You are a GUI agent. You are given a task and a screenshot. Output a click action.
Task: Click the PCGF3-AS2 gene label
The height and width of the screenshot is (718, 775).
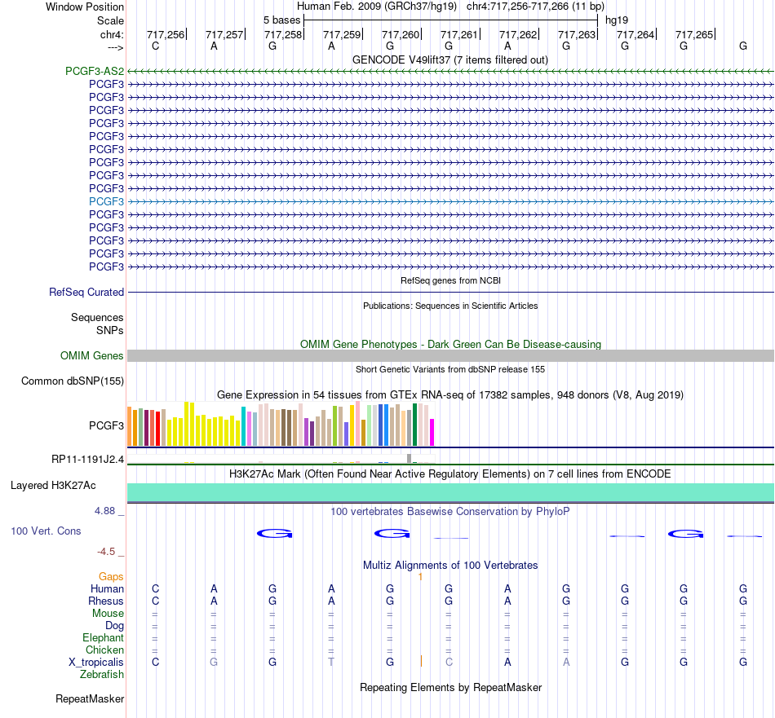(95, 72)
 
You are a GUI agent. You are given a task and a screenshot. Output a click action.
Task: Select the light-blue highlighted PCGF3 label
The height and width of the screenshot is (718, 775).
(106, 201)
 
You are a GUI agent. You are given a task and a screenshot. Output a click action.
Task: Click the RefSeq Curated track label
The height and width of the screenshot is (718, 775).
(86, 293)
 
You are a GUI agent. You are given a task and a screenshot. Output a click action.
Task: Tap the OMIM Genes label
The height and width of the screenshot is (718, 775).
(92, 355)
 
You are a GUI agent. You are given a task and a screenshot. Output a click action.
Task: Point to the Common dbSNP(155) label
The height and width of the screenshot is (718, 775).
(73, 381)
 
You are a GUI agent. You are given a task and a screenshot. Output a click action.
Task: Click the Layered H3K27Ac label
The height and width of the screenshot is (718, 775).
(53, 486)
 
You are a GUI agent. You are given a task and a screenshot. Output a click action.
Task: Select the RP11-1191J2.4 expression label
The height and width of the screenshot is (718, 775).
(87, 460)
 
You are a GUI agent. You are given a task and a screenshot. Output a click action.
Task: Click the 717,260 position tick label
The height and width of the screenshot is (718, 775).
(401, 34)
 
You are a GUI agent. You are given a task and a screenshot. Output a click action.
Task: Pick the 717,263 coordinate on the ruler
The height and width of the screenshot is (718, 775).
(577, 34)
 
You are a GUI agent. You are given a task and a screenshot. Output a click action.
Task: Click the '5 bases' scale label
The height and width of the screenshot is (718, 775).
(281, 20)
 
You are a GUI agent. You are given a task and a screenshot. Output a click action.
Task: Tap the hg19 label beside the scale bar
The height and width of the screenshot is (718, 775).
(617, 20)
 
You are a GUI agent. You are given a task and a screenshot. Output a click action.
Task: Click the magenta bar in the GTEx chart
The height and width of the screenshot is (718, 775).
(432, 433)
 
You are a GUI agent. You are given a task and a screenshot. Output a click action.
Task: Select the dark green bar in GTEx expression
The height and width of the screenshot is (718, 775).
(414, 425)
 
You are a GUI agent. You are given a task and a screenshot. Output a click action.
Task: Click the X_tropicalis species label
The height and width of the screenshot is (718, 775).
(96, 663)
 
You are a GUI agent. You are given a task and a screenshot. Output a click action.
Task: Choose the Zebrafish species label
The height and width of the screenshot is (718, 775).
(102, 675)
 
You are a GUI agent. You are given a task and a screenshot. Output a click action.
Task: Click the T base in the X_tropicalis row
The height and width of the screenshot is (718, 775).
(331, 663)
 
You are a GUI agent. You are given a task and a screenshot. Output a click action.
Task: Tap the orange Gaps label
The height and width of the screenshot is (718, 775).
(111, 577)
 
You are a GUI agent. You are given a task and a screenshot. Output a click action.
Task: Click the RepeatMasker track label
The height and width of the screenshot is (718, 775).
(90, 698)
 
